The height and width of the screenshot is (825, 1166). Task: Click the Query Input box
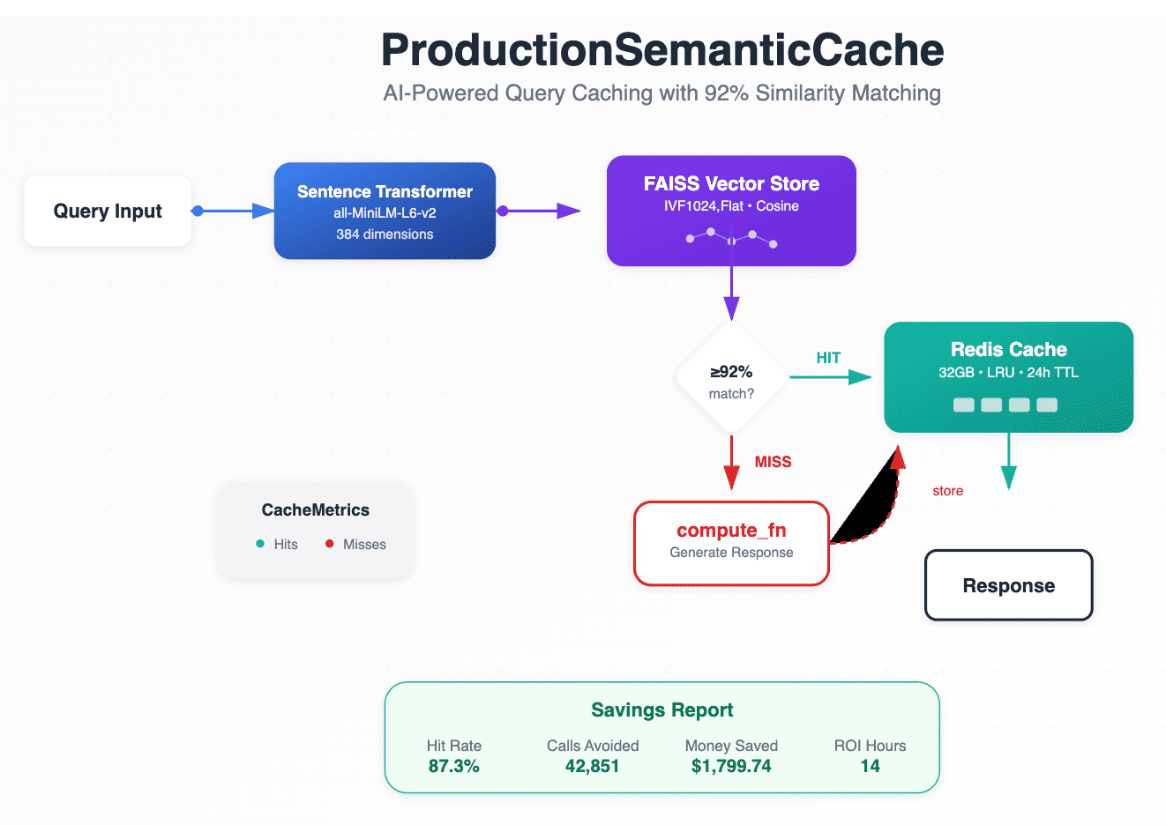(108, 211)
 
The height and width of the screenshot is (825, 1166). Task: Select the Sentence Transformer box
(385, 211)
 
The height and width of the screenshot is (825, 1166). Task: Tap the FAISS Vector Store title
(731, 183)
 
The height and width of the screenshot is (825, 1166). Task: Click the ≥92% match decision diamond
(731, 377)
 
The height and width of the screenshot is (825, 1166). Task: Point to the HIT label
(828, 358)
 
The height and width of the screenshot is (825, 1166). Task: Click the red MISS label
(773, 461)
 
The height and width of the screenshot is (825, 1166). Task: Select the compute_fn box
(731, 543)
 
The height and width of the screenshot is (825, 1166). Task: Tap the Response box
(1009, 585)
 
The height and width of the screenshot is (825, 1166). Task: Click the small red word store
(947, 491)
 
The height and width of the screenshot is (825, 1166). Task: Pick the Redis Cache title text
(1009, 349)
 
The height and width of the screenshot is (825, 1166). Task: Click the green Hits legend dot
(260, 544)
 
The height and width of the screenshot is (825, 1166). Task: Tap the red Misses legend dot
(330, 544)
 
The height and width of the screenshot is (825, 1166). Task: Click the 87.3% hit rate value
(454, 766)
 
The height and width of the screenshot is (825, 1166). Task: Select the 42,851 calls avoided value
(593, 766)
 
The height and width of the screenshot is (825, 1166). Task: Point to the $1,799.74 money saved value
(731, 766)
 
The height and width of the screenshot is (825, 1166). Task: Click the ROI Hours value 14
(870, 766)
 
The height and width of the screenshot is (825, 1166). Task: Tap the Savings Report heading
(662, 710)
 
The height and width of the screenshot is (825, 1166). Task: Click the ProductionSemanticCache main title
(662, 50)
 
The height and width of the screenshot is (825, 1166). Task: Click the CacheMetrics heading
(316, 509)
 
